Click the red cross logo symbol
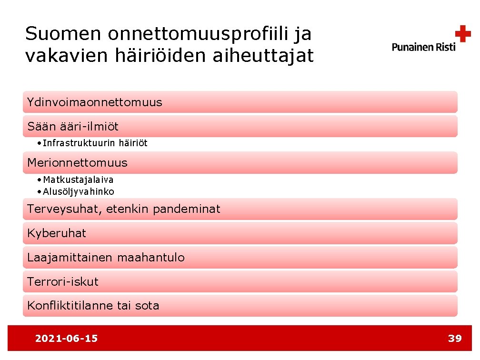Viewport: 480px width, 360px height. pyautogui.click(x=462, y=34)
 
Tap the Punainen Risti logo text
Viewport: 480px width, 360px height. pyautogui.click(x=423, y=47)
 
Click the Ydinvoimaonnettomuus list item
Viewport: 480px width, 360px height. pyautogui.click(x=95, y=102)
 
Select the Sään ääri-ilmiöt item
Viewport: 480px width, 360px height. pyautogui.click(x=73, y=127)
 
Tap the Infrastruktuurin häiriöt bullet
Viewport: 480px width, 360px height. pyautogui.click(x=95, y=143)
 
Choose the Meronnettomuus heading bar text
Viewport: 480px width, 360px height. pyautogui.click(x=78, y=163)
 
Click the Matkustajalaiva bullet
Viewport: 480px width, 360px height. pyautogui.click(x=78, y=180)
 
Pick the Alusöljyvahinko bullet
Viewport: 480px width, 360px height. pyautogui.click(x=78, y=191)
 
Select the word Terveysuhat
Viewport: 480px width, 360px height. pyautogui.click(x=62, y=209)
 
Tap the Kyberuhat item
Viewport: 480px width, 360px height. pyautogui.click(x=57, y=233)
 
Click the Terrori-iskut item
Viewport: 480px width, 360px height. pyautogui.click(x=63, y=281)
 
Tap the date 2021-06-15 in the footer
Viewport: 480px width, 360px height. pyautogui.click(x=66, y=339)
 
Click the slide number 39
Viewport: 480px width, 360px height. pyautogui.click(x=455, y=339)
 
